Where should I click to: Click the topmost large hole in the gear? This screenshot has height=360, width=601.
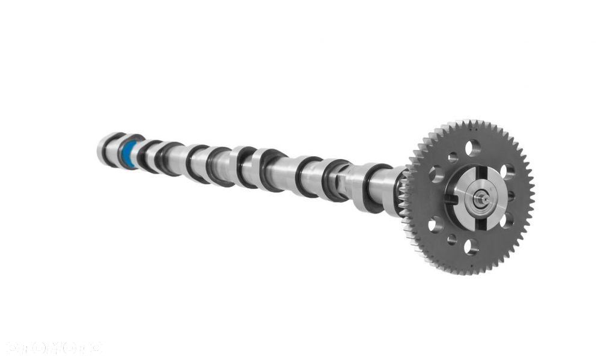[x=473, y=147]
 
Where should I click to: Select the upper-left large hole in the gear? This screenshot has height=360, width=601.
[x=436, y=174]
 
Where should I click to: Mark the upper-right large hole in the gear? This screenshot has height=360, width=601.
[x=508, y=172]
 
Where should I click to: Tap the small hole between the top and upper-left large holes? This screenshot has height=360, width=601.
[x=453, y=157]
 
